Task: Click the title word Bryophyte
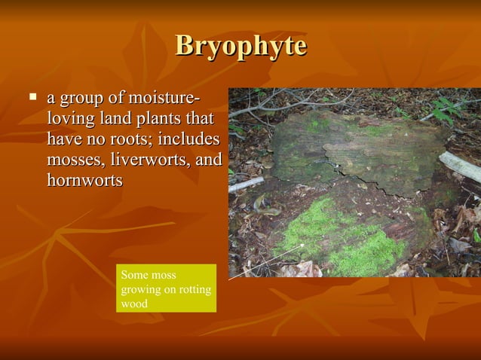pyautogui.click(x=240, y=46)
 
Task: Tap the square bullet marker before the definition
pyautogui.click(x=32, y=97)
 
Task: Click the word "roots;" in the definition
pyautogui.click(x=130, y=140)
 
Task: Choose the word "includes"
pyautogui.click(x=188, y=140)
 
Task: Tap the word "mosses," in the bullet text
pyautogui.click(x=76, y=160)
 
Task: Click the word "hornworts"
pyautogui.click(x=84, y=181)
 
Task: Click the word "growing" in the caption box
pyautogui.click(x=141, y=290)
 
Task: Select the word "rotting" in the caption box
pyautogui.click(x=194, y=290)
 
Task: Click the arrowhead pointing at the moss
pyautogui.click(x=303, y=245)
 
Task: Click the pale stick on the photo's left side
pyautogui.click(x=246, y=184)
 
